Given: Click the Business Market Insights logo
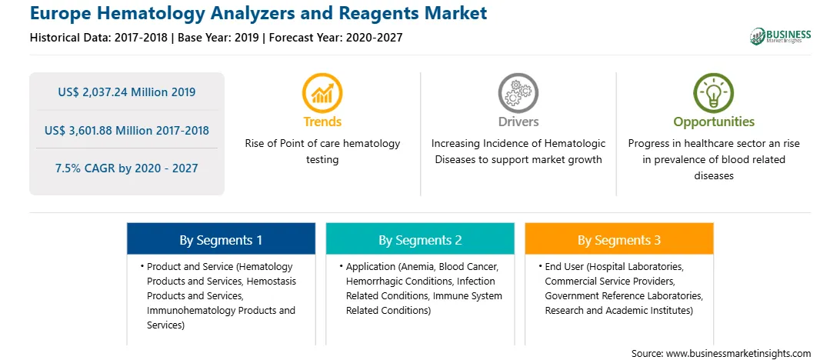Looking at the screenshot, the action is point(780,36).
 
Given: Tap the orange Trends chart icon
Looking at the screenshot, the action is point(322,93).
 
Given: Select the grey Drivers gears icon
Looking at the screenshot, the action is point(518,93).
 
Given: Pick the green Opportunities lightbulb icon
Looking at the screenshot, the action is point(714,93).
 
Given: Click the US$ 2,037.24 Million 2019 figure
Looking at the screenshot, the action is point(126,92).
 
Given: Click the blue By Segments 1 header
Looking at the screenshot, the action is point(221,240).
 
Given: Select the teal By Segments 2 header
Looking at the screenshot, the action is point(420,240).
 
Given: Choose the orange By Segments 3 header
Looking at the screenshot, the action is point(618,240).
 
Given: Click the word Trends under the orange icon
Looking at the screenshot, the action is point(322,122).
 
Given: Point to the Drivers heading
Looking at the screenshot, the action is point(518,122).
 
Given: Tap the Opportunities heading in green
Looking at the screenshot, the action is point(714,122).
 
